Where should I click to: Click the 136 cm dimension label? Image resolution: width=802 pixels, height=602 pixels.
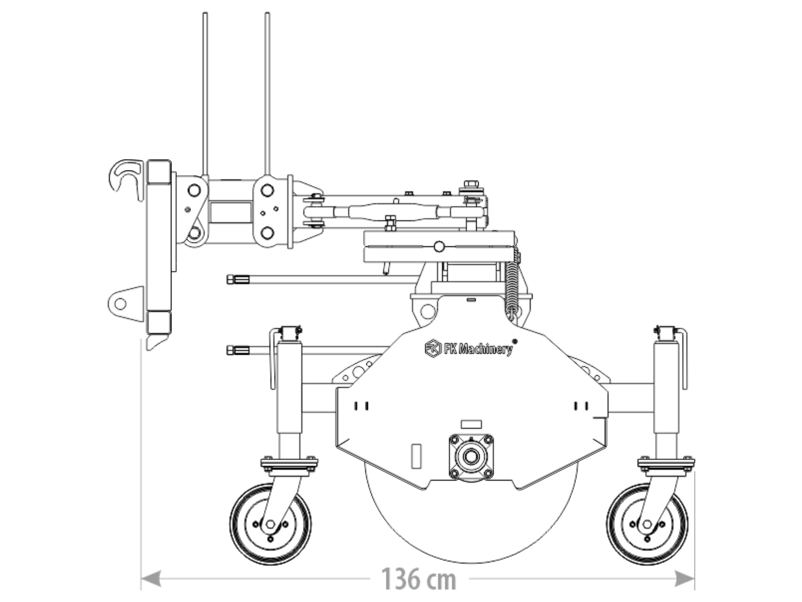419,578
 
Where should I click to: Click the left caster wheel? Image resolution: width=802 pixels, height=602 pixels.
270,524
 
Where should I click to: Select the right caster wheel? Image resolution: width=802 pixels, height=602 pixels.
647,524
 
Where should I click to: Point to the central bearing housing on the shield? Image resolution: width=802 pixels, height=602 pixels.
471,457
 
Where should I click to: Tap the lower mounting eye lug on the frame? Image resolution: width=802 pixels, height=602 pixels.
126,304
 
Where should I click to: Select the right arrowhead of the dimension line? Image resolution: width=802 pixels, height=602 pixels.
684,578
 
